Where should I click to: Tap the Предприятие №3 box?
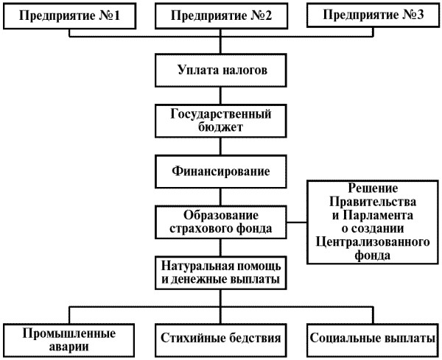(372, 16)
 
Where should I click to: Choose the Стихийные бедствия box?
(220, 339)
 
